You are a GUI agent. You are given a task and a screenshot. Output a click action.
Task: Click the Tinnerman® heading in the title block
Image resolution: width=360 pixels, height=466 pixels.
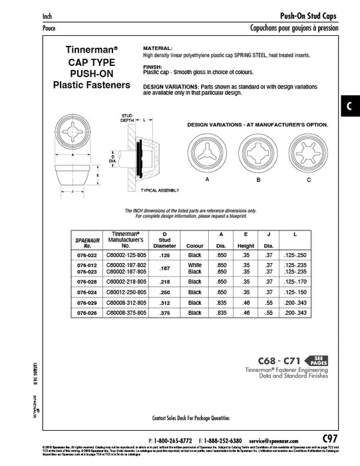click(x=92, y=49)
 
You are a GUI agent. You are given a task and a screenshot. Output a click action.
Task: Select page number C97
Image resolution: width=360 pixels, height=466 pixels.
click(x=329, y=437)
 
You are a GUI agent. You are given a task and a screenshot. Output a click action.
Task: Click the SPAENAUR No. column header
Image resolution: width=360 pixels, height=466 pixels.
click(x=87, y=242)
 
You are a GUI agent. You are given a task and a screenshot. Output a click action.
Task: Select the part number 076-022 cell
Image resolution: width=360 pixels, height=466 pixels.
click(x=87, y=255)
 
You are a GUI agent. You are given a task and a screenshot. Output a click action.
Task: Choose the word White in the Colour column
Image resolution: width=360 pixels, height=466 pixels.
click(x=194, y=264)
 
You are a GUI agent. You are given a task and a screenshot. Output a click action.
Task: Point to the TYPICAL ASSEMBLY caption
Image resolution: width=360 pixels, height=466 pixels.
click(x=160, y=191)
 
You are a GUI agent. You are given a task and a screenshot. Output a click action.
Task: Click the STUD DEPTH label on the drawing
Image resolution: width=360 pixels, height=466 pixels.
click(x=128, y=118)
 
